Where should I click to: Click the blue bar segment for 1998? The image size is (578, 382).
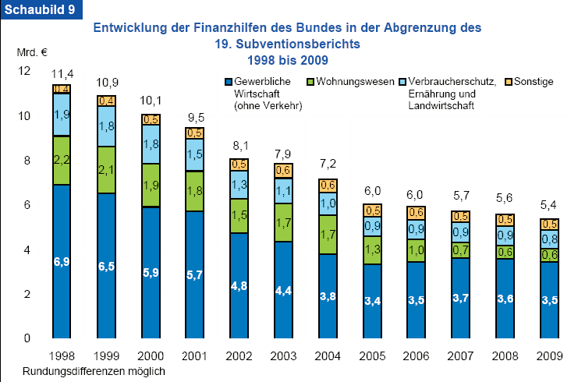(62, 261)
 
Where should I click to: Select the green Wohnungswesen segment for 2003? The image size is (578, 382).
(284, 222)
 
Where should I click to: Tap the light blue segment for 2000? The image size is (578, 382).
(151, 144)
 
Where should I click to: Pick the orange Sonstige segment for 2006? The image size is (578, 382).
(417, 212)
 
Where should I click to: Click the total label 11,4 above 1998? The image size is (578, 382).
(62, 74)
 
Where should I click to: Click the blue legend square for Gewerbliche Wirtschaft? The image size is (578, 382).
(229, 81)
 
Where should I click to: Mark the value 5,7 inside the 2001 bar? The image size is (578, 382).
(195, 275)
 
